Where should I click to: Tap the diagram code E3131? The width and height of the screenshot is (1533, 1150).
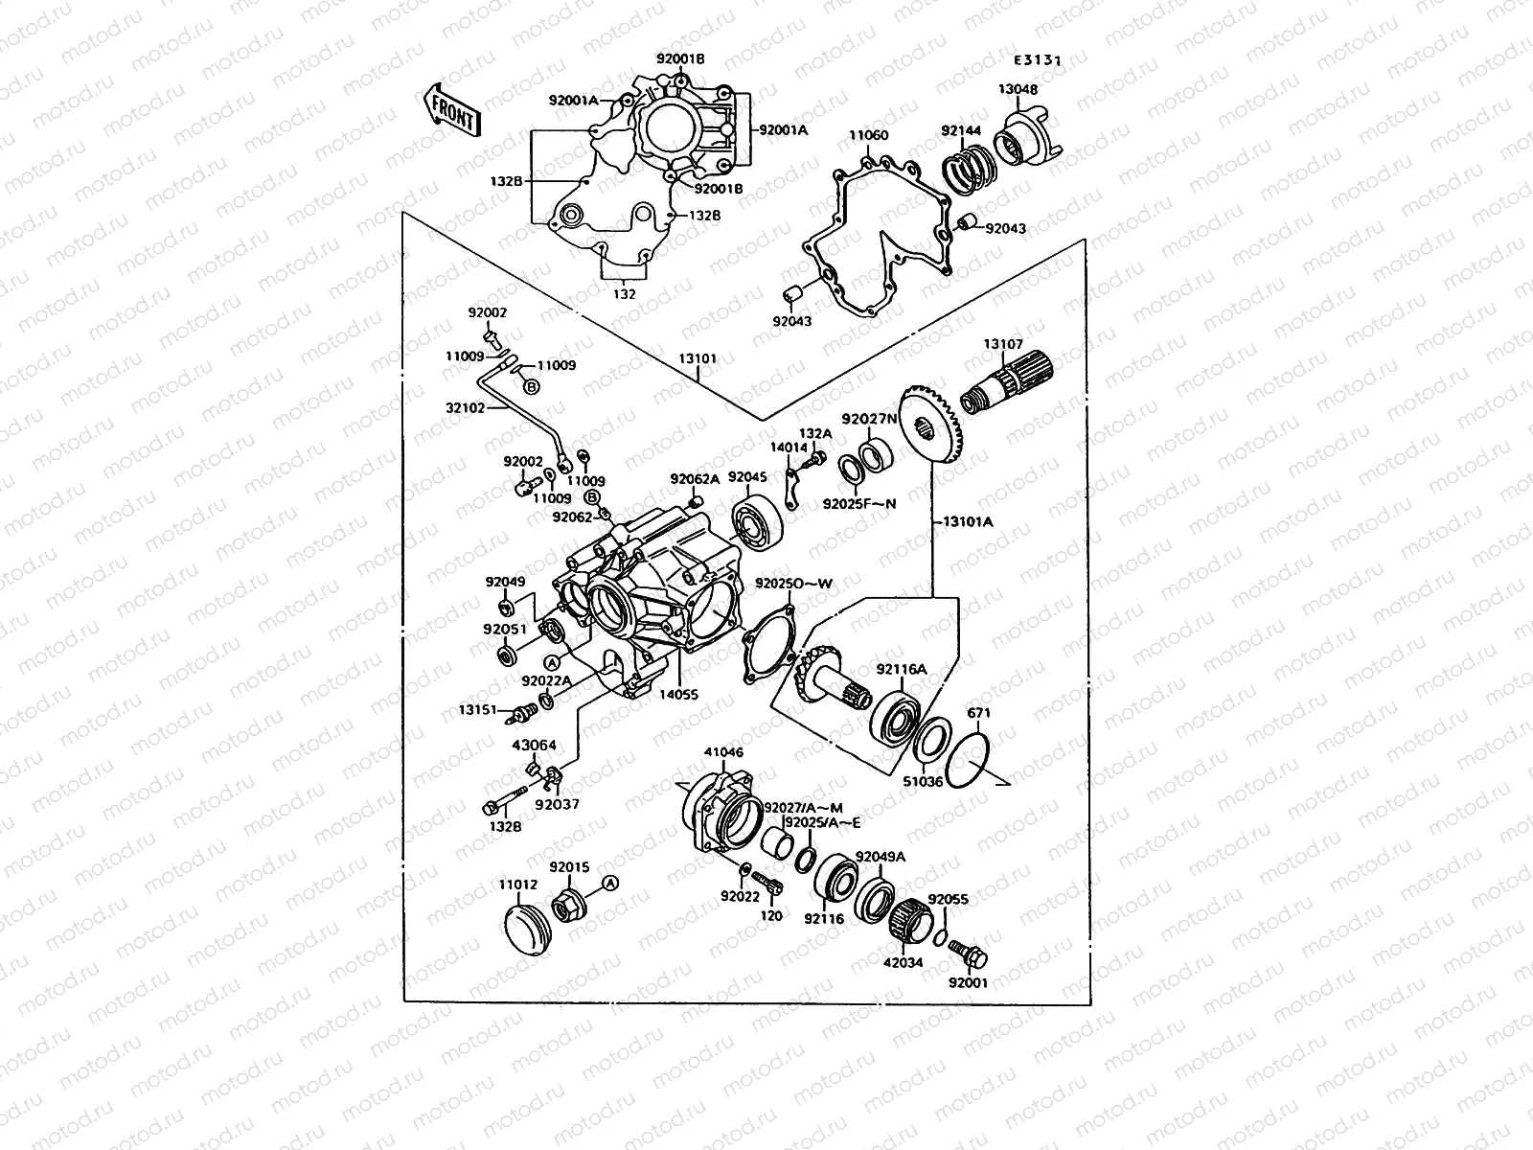(x=1038, y=59)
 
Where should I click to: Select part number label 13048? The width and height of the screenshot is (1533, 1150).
(x=1018, y=89)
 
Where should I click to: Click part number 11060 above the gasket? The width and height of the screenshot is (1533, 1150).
(x=868, y=136)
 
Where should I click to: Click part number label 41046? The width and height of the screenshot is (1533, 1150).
(x=723, y=753)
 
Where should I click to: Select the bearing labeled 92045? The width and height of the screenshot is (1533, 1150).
(x=759, y=524)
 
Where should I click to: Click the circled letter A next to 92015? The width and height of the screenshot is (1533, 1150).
(x=609, y=883)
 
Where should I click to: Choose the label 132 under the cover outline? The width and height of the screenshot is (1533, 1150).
(x=624, y=294)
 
